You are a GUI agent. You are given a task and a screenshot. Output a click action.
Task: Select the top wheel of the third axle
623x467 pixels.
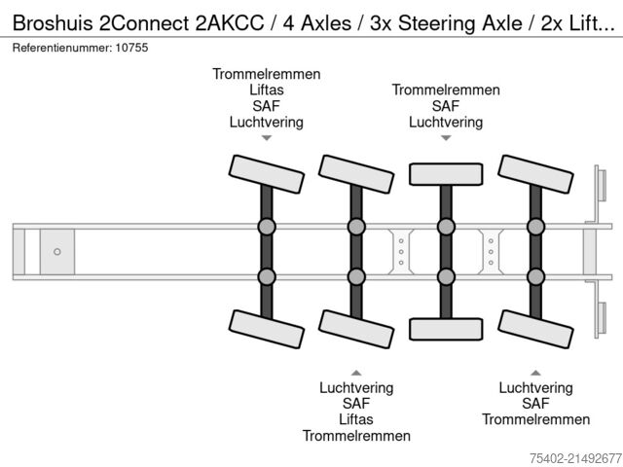(x=445, y=173)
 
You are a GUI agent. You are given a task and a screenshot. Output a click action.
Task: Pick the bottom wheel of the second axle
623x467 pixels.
(x=355, y=327)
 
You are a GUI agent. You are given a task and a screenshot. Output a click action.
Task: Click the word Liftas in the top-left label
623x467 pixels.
(x=266, y=90)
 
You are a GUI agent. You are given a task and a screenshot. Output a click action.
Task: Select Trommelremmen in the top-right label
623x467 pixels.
(x=446, y=90)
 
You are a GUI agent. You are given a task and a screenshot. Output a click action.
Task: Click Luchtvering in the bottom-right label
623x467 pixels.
(x=535, y=387)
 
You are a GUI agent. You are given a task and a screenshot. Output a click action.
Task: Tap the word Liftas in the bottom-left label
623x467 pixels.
(x=356, y=419)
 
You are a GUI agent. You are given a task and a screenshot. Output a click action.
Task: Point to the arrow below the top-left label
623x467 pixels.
(x=266, y=139)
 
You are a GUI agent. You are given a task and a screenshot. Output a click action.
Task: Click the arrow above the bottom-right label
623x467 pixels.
(x=535, y=372)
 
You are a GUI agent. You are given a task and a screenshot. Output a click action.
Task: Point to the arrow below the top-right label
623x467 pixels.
(x=446, y=139)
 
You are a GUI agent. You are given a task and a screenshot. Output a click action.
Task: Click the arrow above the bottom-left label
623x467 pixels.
(x=356, y=372)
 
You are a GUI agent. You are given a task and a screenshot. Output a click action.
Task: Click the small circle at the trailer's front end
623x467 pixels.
(x=56, y=252)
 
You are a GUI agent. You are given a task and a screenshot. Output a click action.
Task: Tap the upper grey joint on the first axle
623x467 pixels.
(x=266, y=227)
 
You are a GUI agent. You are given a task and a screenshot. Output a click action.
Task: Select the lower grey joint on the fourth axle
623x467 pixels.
(x=534, y=276)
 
